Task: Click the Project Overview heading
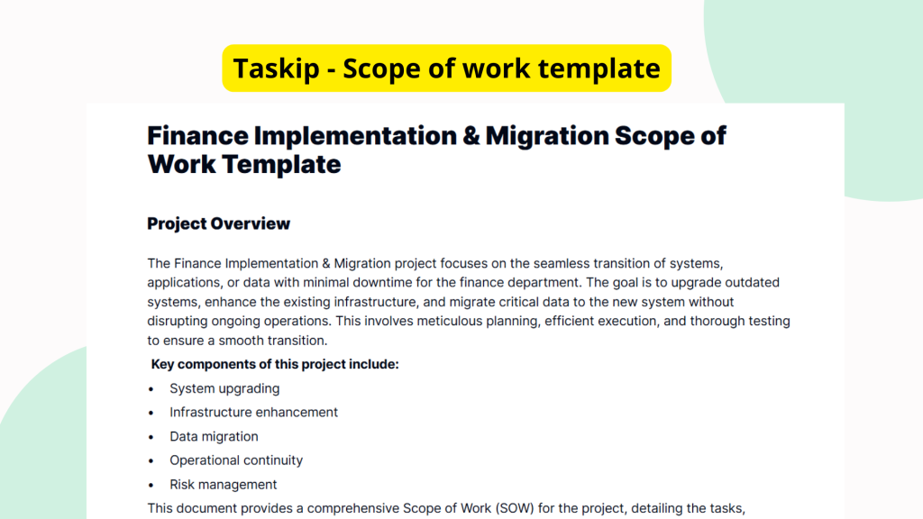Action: click(x=218, y=223)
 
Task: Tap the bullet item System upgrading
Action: click(x=224, y=388)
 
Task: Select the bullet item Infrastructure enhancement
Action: click(x=253, y=412)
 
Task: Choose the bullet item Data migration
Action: click(x=214, y=436)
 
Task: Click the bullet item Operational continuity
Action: click(x=236, y=460)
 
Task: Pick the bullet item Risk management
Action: click(x=223, y=484)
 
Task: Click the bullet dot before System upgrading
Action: click(x=151, y=389)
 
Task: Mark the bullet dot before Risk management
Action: click(x=151, y=485)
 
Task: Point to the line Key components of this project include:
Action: click(x=275, y=364)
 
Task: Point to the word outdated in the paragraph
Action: click(x=752, y=282)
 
